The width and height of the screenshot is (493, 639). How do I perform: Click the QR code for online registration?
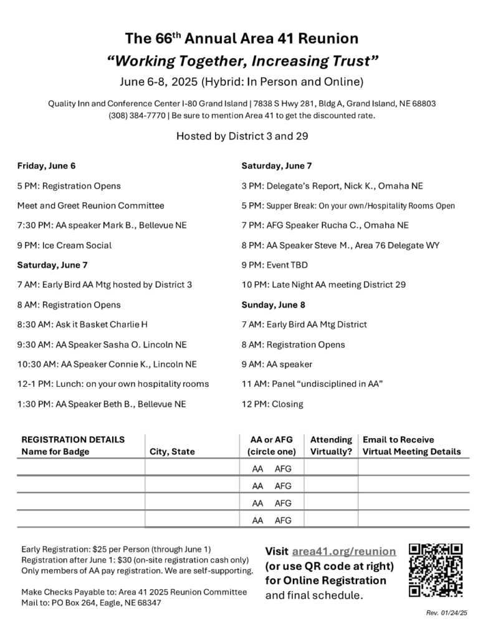click(x=436, y=570)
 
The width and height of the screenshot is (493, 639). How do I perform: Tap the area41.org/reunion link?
click(x=343, y=552)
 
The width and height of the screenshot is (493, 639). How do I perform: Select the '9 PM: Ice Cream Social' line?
click(x=65, y=245)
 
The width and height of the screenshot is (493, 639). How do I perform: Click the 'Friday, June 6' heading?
click(x=47, y=165)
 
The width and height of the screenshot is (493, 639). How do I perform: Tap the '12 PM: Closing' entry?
click(x=272, y=404)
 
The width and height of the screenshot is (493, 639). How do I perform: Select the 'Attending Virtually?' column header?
click(x=331, y=446)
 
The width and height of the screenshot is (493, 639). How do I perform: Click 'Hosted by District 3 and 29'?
click(x=242, y=135)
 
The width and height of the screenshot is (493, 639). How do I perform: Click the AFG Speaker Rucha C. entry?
click(x=325, y=225)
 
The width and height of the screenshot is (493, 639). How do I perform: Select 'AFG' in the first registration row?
click(x=283, y=469)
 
